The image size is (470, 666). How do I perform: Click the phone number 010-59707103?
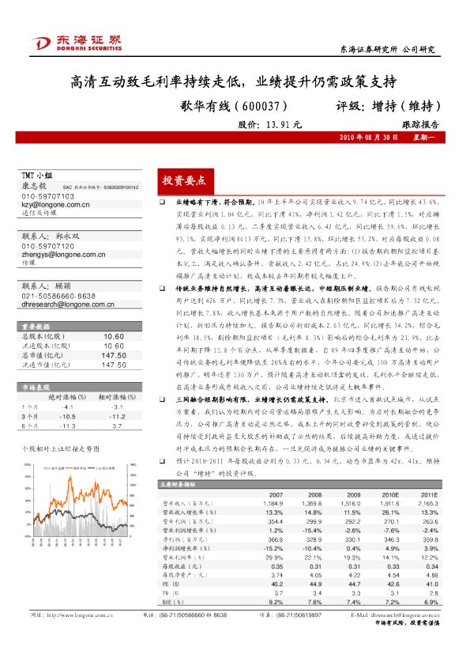pyautogui.click(x=47, y=196)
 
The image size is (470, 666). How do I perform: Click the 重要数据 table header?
pyautogui.click(x=36, y=326)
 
